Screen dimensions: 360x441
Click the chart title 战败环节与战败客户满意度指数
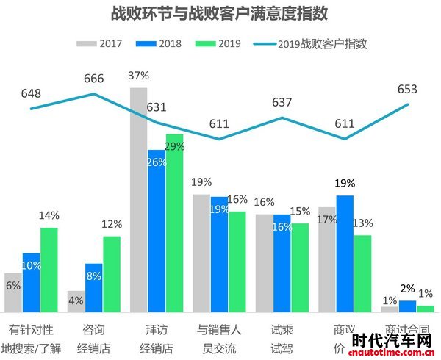218,14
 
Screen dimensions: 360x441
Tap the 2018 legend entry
160,43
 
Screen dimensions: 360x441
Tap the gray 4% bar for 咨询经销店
76,301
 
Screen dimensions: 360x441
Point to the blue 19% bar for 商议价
345,253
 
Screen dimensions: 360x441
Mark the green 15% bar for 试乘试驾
299,267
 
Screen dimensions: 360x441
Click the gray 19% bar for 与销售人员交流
201,253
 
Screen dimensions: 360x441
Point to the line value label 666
94,78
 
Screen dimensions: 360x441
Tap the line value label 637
282,102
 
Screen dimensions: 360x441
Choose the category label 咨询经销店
93,337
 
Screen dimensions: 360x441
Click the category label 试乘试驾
282,337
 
